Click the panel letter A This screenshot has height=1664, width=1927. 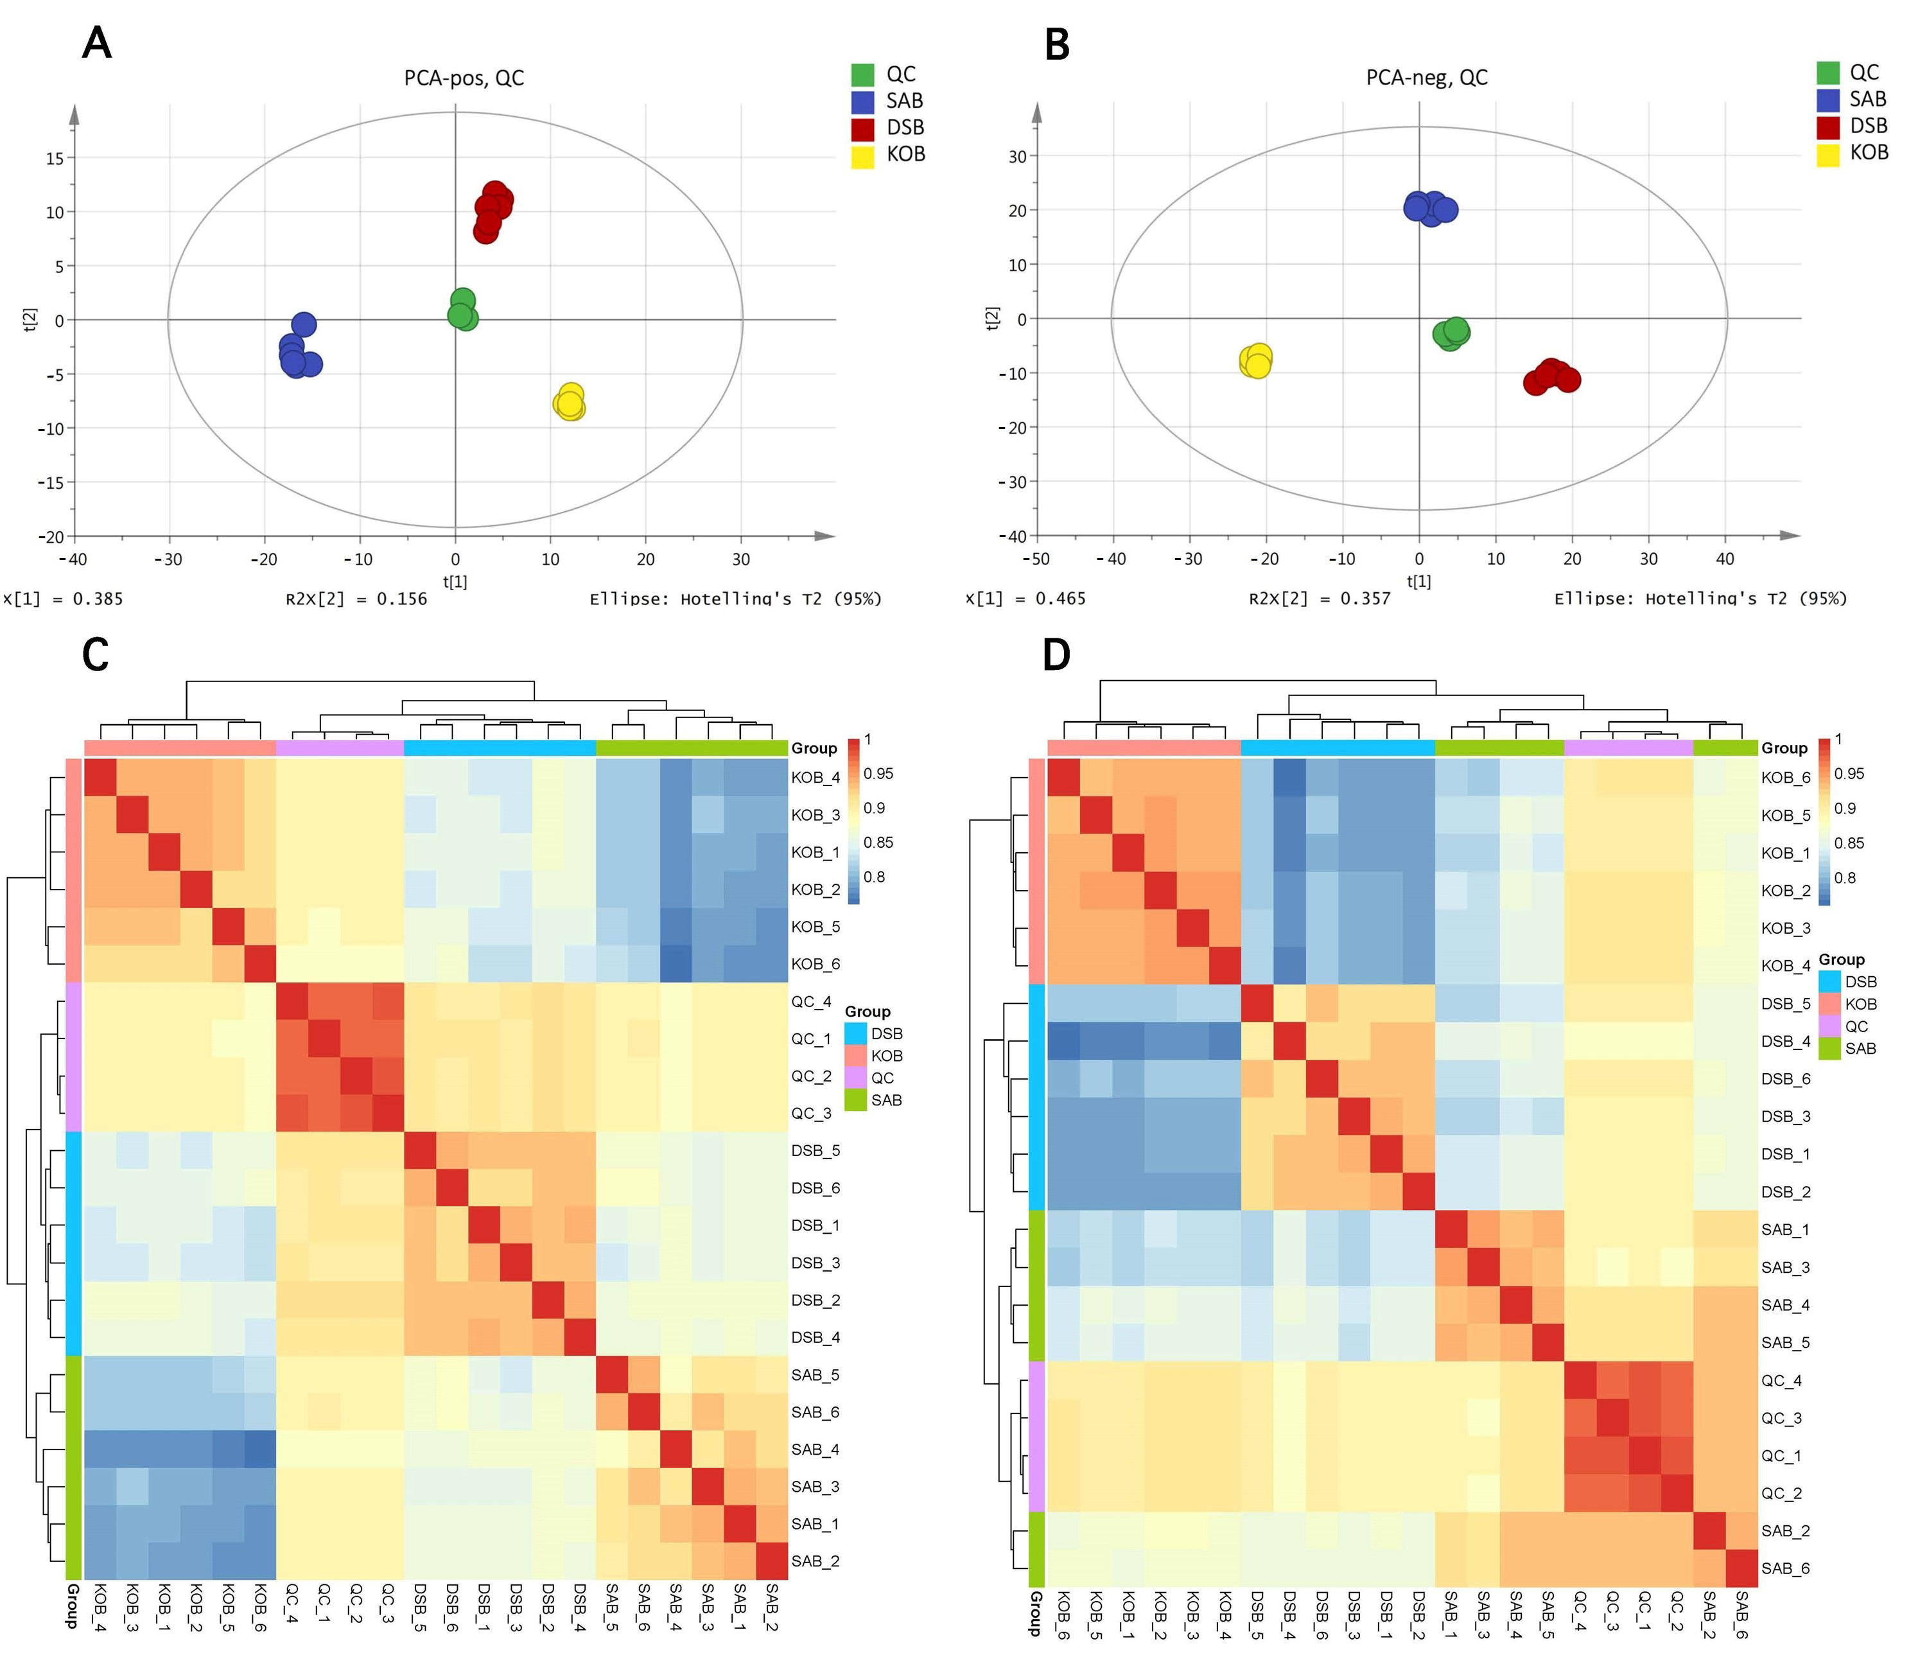97,43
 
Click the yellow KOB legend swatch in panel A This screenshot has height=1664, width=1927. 862,155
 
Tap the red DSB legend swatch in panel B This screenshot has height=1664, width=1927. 1827,126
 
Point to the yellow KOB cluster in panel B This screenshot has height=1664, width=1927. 1257,360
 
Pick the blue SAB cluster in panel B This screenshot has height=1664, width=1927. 1429,208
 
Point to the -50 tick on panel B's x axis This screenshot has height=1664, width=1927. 1035,559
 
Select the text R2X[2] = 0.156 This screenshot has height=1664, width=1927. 356,599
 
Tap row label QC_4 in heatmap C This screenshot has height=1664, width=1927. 811,1002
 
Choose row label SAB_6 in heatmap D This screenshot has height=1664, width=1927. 1784,1569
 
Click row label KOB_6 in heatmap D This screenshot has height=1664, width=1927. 1784,778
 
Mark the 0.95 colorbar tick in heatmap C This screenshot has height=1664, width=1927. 878,774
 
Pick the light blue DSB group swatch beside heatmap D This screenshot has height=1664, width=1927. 1828,981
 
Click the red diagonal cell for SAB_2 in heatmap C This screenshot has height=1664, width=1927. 772,1562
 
